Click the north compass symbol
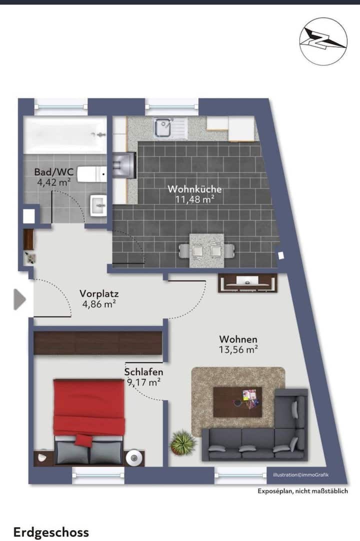pyautogui.click(x=323, y=41)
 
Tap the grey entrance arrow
pyautogui.click(x=19, y=299)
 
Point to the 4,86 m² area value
pyautogui.click(x=98, y=304)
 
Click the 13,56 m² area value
pyautogui.click(x=238, y=349)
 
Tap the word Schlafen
pyautogui.click(x=143, y=372)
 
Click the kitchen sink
pyautogui.click(x=171, y=127)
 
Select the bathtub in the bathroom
pyautogui.click(x=65, y=135)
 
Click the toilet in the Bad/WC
pyautogui.click(x=91, y=174)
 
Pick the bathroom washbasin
pyautogui.click(x=98, y=205)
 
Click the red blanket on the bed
pyautogui.click(x=88, y=407)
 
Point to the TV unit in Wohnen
pyautogui.click(x=247, y=283)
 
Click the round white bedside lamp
pyautogui.click(x=134, y=458)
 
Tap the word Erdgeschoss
pyautogui.click(x=51, y=532)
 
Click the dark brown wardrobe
pyautogui.click(x=97, y=343)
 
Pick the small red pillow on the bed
pyautogui.click(x=84, y=440)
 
